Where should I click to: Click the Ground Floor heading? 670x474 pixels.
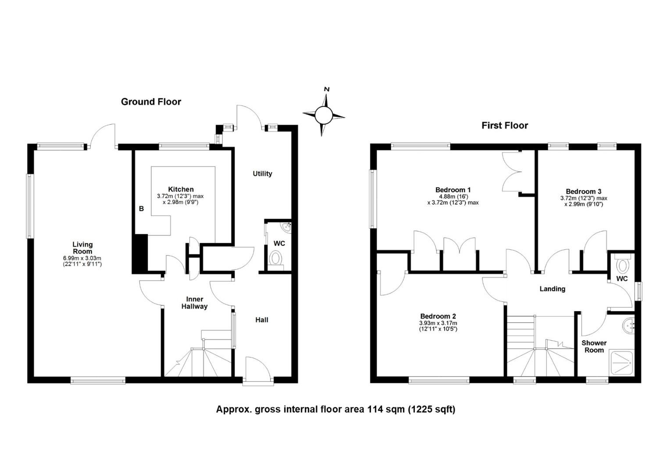(x=151, y=102)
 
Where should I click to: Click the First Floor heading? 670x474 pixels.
(x=505, y=126)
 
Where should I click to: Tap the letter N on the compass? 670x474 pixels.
(x=327, y=89)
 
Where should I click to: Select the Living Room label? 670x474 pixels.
(x=82, y=248)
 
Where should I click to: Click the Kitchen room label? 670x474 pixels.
(x=181, y=189)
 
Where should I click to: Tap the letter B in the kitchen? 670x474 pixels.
(x=142, y=209)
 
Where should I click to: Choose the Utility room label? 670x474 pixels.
(x=263, y=174)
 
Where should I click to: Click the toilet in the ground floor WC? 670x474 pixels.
(x=276, y=260)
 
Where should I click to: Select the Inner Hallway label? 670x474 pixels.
(x=195, y=303)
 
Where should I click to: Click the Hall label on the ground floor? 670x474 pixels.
(x=262, y=320)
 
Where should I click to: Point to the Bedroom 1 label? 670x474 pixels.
(x=453, y=190)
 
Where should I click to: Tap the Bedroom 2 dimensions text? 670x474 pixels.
(x=438, y=326)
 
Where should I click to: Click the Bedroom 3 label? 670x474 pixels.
(x=584, y=191)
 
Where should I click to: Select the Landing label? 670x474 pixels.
(x=552, y=289)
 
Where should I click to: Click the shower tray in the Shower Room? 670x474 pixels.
(x=622, y=363)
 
